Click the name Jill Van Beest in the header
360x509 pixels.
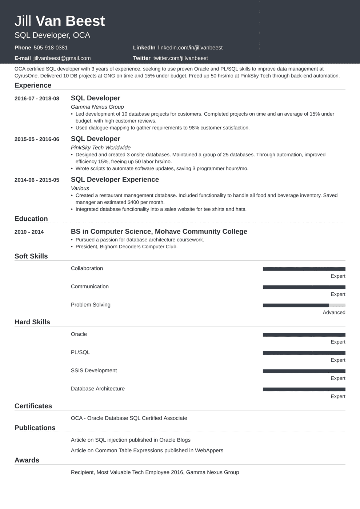tap(60, 21)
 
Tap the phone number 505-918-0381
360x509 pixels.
tap(51, 48)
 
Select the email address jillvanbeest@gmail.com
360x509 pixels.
tap(62, 58)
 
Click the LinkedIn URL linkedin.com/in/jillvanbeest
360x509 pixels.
tap(190, 48)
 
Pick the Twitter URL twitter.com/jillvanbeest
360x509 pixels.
tap(180, 58)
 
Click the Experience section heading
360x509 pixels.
tap(33, 85)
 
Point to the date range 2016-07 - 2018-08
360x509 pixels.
tap(37, 99)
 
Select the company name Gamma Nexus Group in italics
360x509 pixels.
tap(97, 107)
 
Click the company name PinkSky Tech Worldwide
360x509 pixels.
tap(101, 148)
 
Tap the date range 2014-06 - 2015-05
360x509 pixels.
tap(37, 180)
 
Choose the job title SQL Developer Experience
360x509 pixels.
tap(115, 180)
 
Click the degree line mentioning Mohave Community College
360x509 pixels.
tap(159, 232)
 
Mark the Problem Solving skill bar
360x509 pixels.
tap(304, 305)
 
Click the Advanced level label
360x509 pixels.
tap(334, 312)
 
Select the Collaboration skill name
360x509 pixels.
tap(87, 268)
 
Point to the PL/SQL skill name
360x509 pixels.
tap(80, 352)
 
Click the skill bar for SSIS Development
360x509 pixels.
tap(304, 371)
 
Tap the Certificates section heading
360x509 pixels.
tap(33, 406)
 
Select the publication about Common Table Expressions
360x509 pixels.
tap(147, 450)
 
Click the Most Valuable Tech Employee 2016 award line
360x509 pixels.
tap(155, 472)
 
